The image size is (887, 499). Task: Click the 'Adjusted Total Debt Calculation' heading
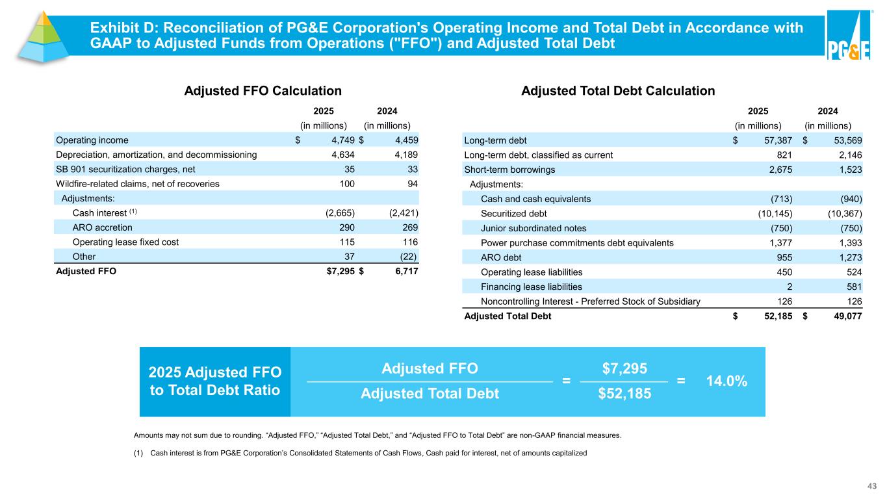click(618, 92)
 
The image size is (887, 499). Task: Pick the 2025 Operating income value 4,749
click(340, 140)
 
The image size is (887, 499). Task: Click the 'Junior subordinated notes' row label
click(533, 228)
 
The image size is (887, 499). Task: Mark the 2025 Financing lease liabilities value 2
click(790, 287)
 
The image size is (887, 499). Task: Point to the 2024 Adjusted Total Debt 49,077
click(847, 317)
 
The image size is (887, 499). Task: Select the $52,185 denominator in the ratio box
click(624, 394)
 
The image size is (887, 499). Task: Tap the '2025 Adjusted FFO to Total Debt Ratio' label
click(215, 381)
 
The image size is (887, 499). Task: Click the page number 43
click(873, 486)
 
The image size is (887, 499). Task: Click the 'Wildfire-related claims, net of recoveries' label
click(138, 184)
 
